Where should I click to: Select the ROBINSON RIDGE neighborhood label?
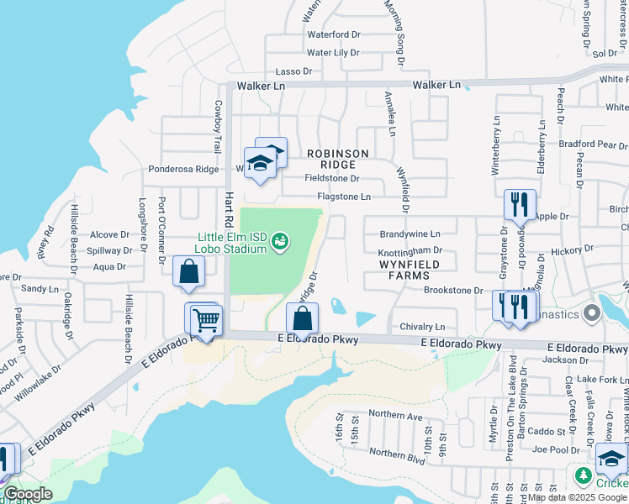[x=337, y=159]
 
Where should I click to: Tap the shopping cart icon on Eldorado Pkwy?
[x=206, y=321]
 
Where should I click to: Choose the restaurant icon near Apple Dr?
[x=518, y=204]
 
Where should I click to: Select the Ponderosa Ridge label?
[x=183, y=169]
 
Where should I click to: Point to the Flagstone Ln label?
[x=344, y=197]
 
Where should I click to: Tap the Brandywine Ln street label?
[x=410, y=234]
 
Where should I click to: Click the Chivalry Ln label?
[x=422, y=327]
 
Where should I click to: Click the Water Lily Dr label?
[x=333, y=52]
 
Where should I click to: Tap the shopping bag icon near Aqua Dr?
[x=188, y=272]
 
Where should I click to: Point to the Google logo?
[x=28, y=494]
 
